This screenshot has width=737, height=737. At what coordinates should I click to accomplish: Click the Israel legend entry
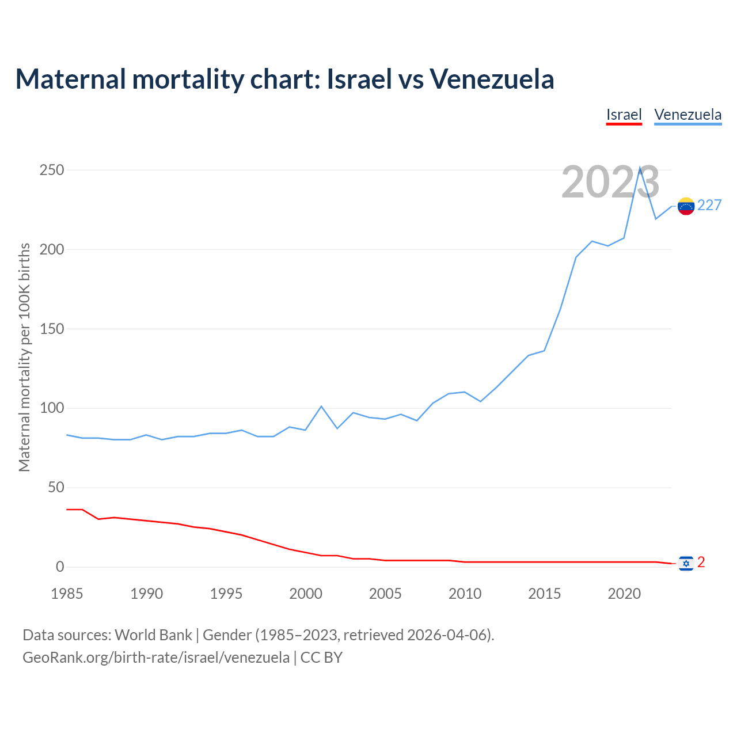624,115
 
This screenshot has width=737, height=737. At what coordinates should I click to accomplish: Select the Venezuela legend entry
687,115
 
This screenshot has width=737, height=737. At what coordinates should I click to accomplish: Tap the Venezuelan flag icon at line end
686,206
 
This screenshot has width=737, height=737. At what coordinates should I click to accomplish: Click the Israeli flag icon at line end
686,563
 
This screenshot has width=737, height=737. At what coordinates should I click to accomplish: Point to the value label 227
709,206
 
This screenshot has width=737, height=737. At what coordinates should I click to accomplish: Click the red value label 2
701,563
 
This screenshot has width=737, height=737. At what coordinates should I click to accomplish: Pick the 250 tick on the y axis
51,170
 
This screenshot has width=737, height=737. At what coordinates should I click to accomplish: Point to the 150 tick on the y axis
51,329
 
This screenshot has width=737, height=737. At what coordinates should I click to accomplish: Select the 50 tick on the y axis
55,488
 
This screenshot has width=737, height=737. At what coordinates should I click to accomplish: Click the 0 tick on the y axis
60,567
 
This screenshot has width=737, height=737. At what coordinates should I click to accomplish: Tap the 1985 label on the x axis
67,594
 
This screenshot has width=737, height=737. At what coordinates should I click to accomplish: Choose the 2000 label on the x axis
306,594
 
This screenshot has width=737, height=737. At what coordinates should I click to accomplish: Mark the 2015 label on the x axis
545,594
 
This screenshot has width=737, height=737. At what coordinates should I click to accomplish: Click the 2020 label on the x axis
624,594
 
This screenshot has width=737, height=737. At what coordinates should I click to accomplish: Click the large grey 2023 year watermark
610,182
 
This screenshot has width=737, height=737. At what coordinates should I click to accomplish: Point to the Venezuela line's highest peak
640,168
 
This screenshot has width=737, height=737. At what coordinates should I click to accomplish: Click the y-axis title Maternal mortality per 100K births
24,357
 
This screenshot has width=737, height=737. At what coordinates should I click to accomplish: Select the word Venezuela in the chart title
492,79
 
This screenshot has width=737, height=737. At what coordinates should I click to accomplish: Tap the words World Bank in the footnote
153,635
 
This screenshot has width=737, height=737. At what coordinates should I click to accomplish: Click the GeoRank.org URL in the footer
156,658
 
